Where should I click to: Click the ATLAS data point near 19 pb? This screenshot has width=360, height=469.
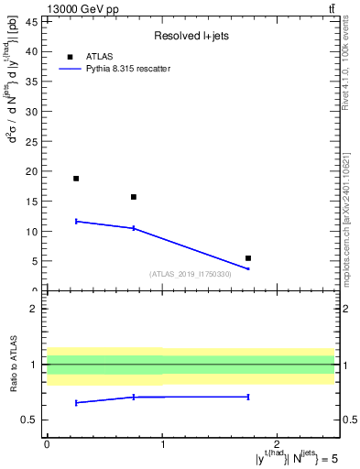(x=76, y=179)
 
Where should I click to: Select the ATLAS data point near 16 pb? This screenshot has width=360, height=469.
(x=134, y=197)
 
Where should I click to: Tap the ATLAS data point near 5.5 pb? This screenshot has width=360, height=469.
(x=248, y=258)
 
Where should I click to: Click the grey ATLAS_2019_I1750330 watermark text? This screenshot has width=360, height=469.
(x=191, y=274)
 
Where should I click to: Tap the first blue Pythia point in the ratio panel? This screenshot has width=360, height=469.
(x=76, y=402)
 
